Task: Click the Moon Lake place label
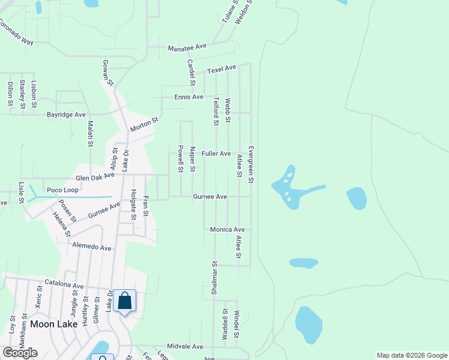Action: pos(50,324)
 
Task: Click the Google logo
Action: pos(20,353)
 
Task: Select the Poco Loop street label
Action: pos(63,189)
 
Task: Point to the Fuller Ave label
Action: pos(216,154)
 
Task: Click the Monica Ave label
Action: pos(228,229)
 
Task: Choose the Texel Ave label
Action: pos(220,70)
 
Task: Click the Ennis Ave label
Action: pos(189,97)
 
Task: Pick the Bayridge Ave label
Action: pos(66,114)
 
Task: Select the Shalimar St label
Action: pos(214,277)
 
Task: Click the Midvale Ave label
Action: pos(185,347)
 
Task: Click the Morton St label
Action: pos(144,125)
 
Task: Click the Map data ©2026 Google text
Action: pos(412,355)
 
